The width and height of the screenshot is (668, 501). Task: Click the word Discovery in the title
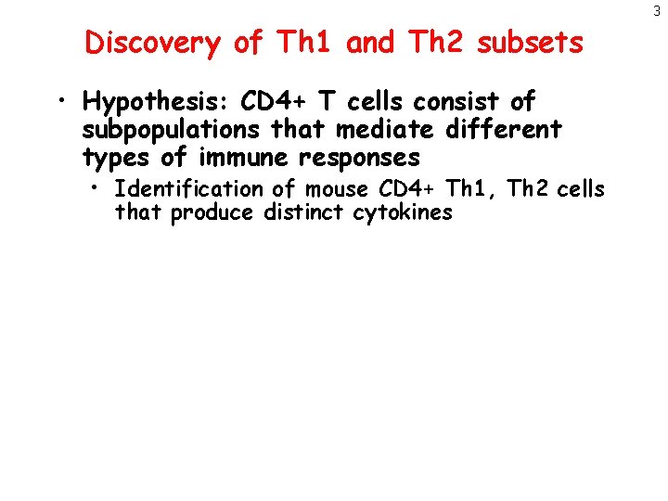tap(152, 43)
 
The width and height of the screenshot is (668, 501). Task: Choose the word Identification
tap(188, 189)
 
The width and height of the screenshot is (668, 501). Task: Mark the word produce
tap(212, 213)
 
